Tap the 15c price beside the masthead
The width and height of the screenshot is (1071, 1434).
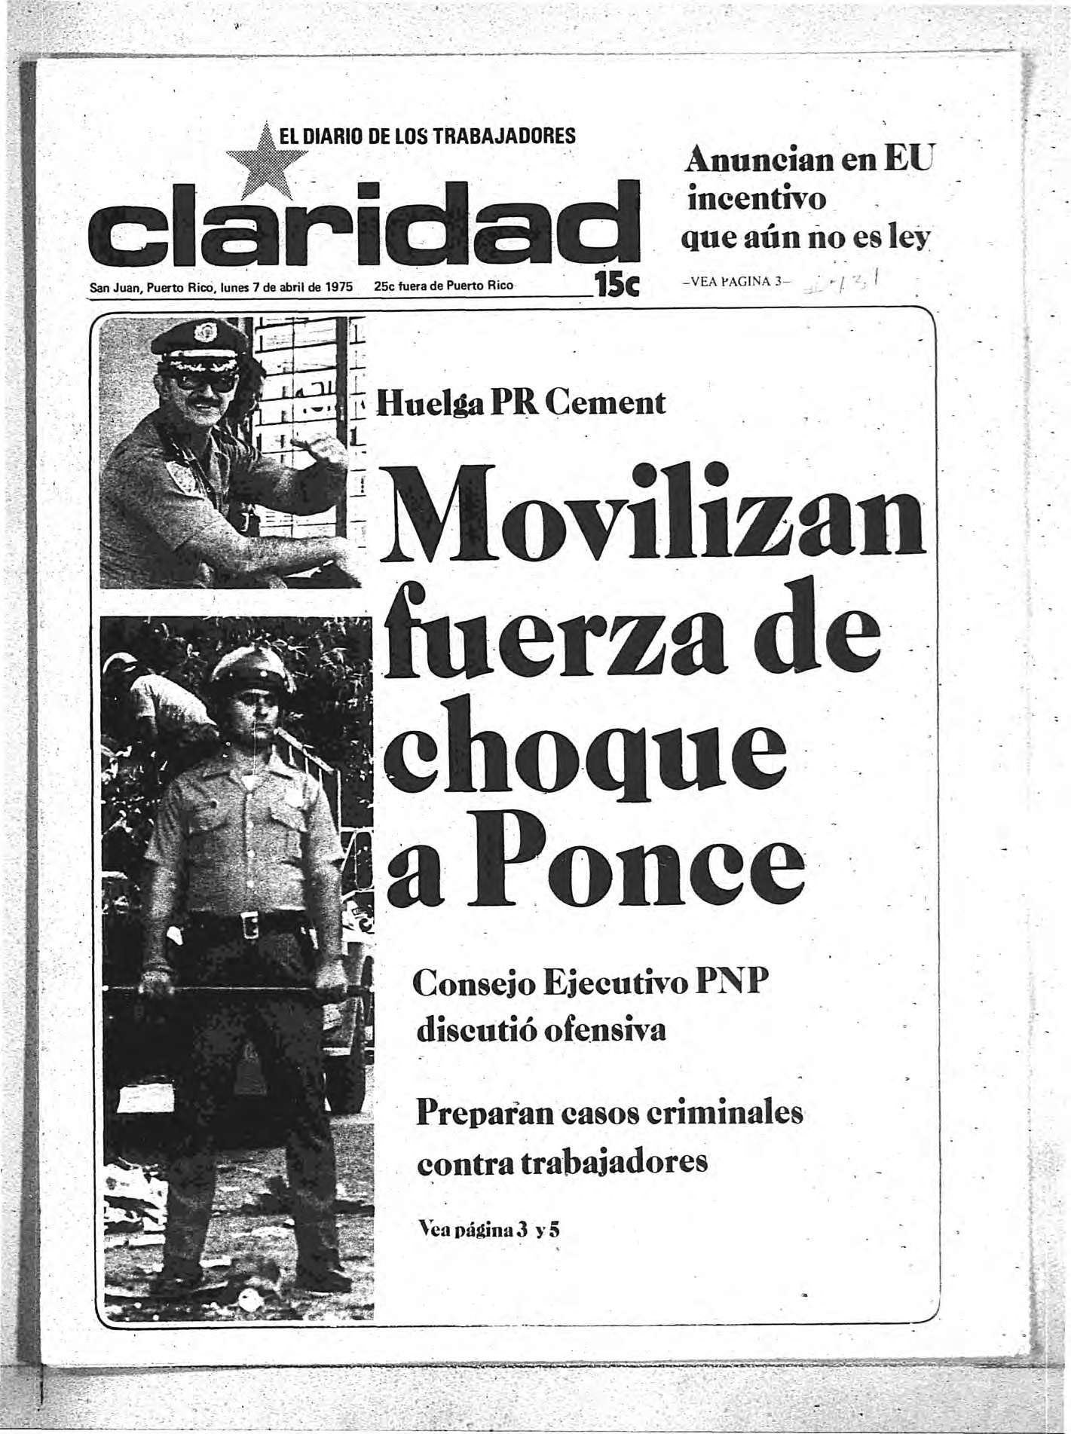coord(617,286)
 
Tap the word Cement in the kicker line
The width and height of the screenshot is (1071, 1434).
coord(607,403)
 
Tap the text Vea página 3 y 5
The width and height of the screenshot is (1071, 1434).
coord(490,1231)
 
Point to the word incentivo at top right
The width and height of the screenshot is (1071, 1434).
coord(755,200)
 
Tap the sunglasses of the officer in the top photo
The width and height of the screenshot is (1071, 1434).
coord(204,381)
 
